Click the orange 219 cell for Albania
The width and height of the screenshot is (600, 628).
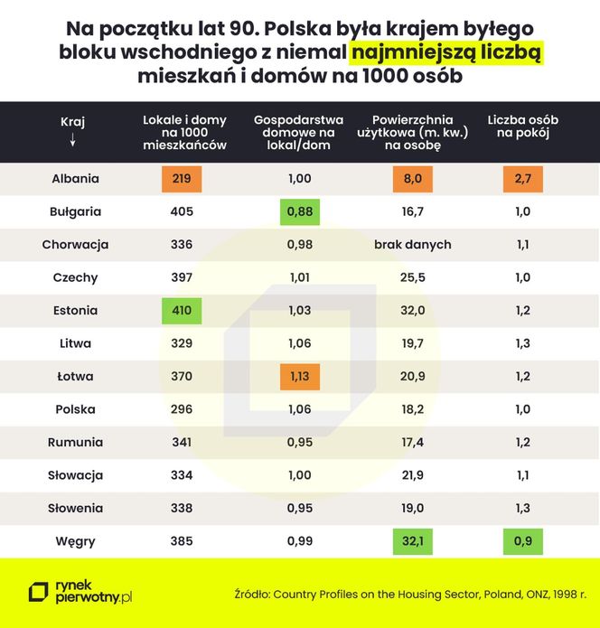(182, 179)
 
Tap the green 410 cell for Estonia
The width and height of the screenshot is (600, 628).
(182, 311)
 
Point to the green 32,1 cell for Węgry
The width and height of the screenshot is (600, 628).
(412, 542)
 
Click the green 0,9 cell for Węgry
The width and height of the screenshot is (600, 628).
(522, 542)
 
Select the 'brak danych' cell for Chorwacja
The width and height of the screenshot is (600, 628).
(412, 245)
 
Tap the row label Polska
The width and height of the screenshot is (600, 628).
(74, 409)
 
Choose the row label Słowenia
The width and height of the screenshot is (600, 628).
(74, 509)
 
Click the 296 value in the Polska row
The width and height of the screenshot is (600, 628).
(182, 409)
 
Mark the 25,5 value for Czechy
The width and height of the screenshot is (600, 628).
(412, 278)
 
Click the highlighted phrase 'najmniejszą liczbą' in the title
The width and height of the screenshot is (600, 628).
(445, 52)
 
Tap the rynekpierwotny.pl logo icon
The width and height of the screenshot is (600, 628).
(39, 592)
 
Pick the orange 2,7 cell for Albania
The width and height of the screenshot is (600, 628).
(522, 179)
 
